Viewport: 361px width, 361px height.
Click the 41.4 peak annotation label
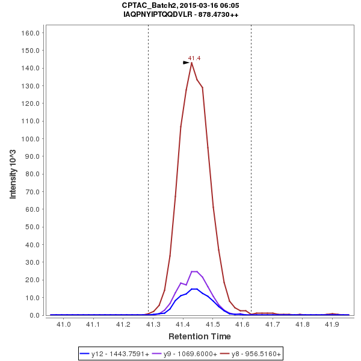(194, 58)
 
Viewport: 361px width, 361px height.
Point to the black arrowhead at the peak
(187, 63)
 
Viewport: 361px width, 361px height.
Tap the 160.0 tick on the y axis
(31, 32)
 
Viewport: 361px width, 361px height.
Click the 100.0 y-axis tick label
(31, 138)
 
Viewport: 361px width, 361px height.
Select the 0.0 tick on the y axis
(35, 315)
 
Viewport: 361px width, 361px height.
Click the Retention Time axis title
(199, 336)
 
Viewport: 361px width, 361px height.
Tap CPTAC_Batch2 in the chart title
(148, 5)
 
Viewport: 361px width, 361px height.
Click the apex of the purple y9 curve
(194, 271)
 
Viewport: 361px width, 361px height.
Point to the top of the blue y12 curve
(194, 289)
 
